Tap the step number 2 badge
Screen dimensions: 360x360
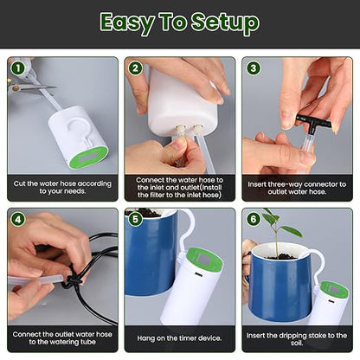[136, 68]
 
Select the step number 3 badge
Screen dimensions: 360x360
[254, 68]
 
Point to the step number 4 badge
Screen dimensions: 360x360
[18, 220]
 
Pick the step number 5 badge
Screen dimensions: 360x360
[136, 220]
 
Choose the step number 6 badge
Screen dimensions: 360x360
[254, 220]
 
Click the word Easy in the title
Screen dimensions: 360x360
[127, 23]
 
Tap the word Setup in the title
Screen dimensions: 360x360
[225, 23]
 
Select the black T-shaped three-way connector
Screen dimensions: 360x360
[313, 123]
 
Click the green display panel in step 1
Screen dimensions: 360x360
[88, 158]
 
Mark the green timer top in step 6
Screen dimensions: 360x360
[334, 291]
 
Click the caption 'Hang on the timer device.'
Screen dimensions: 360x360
[179, 338]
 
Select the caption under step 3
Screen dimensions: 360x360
[297, 188]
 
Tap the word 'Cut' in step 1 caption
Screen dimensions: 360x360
[19, 183]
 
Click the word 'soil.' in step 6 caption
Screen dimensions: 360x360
[297, 343]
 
